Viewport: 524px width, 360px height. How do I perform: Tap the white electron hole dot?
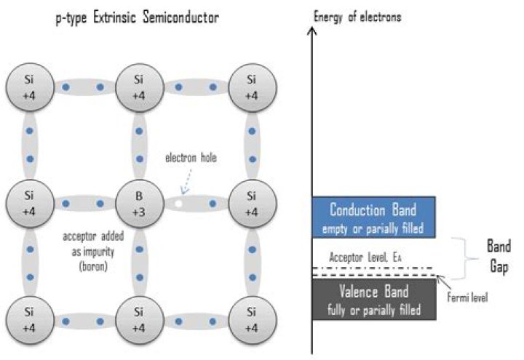tap(177, 204)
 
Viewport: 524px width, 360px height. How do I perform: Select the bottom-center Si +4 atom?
tap(138, 320)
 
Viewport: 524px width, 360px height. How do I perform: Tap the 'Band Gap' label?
tap(498, 256)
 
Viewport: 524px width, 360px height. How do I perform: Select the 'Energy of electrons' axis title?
tap(357, 16)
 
